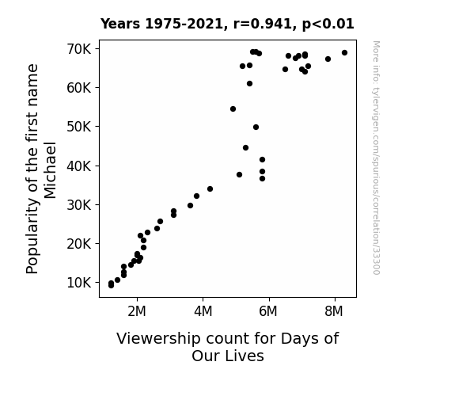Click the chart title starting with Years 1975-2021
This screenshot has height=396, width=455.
(x=227, y=24)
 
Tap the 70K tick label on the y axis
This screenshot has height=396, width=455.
(x=79, y=49)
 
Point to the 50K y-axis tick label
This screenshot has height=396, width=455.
(x=79, y=127)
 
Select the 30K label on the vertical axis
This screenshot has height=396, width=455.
(x=79, y=205)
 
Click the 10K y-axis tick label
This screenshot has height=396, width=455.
(x=79, y=283)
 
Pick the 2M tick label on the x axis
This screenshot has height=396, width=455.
(x=137, y=311)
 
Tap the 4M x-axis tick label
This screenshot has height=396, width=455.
(x=203, y=311)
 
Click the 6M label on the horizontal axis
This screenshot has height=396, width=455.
(x=268, y=311)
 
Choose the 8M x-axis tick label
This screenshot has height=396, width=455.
(x=334, y=311)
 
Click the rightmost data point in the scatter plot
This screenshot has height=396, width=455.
(x=344, y=52)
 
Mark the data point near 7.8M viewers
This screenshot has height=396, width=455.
(x=328, y=59)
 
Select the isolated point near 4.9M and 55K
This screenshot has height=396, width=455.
(x=233, y=109)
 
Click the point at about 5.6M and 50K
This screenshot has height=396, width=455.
(x=256, y=127)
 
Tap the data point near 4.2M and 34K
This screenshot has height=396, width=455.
(x=210, y=188)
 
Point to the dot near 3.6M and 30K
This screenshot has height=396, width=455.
(x=190, y=205)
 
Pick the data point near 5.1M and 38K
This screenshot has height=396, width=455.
(x=239, y=174)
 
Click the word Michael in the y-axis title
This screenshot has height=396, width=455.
(x=50, y=170)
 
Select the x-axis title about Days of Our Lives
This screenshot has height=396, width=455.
(x=228, y=347)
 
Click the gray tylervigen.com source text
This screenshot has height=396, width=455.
(x=376, y=158)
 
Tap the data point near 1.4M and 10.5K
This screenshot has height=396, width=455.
(x=117, y=280)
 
